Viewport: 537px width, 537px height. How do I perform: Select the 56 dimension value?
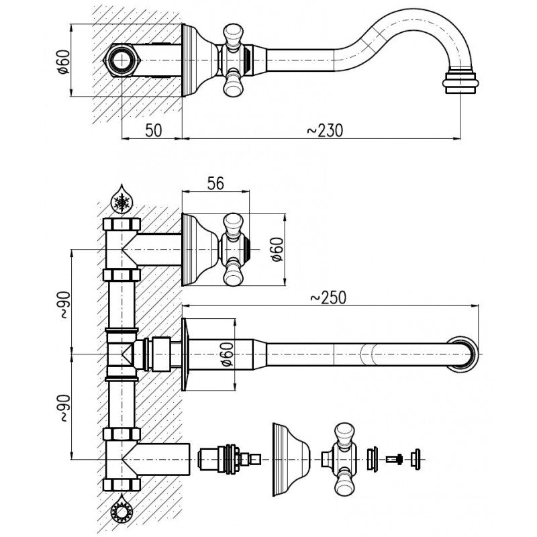click(x=215, y=183)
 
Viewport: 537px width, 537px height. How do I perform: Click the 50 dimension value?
click(x=153, y=131)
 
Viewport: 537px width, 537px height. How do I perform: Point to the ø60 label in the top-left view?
click(x=63, y=61)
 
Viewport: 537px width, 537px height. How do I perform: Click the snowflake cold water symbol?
click(x=122, y=199)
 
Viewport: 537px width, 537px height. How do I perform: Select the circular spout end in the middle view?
click(x=468, y=353)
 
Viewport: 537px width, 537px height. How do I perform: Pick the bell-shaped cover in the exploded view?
click(x=288, y=459)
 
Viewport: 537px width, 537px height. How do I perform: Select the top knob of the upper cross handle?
click(x=233, y=222)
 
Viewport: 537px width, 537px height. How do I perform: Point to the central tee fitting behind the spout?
click(x=122, y=353)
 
